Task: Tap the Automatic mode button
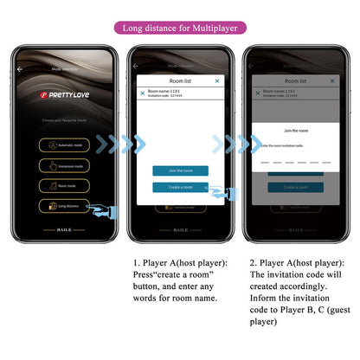coord(65,146)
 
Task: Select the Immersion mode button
coord(65,166)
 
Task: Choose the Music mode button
coord(65,186)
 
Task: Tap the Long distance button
coord(65,206)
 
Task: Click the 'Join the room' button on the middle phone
coord(180,170)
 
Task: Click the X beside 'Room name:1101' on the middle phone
coord(143,93)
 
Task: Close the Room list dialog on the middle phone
coord(217,80)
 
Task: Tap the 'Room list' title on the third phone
coord(294,80)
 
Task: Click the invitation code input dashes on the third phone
coord(294,162)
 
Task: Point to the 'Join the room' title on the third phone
coord(294,130)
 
